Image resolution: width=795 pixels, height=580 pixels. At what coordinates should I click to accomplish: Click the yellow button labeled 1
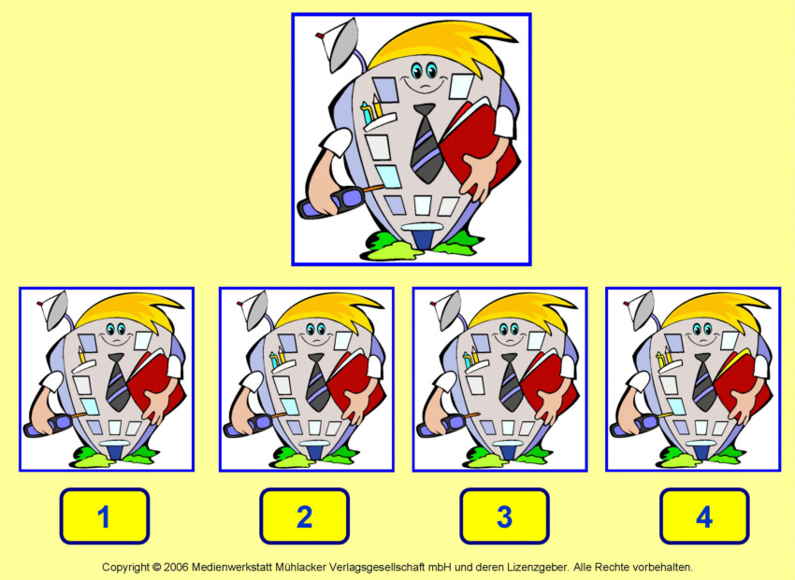105,516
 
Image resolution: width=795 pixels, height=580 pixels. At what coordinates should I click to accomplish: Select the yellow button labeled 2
304,516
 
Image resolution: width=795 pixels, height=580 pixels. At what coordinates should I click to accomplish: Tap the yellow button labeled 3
504,516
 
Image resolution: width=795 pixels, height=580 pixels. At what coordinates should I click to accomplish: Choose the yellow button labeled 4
704,516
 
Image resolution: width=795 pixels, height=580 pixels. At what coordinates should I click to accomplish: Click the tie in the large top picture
426,143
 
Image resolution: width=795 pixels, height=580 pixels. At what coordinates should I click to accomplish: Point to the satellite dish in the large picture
339,45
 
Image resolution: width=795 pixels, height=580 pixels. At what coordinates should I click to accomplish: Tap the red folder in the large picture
479,147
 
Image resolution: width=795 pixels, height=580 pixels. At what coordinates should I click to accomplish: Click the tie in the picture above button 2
317,382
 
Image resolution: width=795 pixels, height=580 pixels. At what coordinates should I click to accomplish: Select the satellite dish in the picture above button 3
448,310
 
